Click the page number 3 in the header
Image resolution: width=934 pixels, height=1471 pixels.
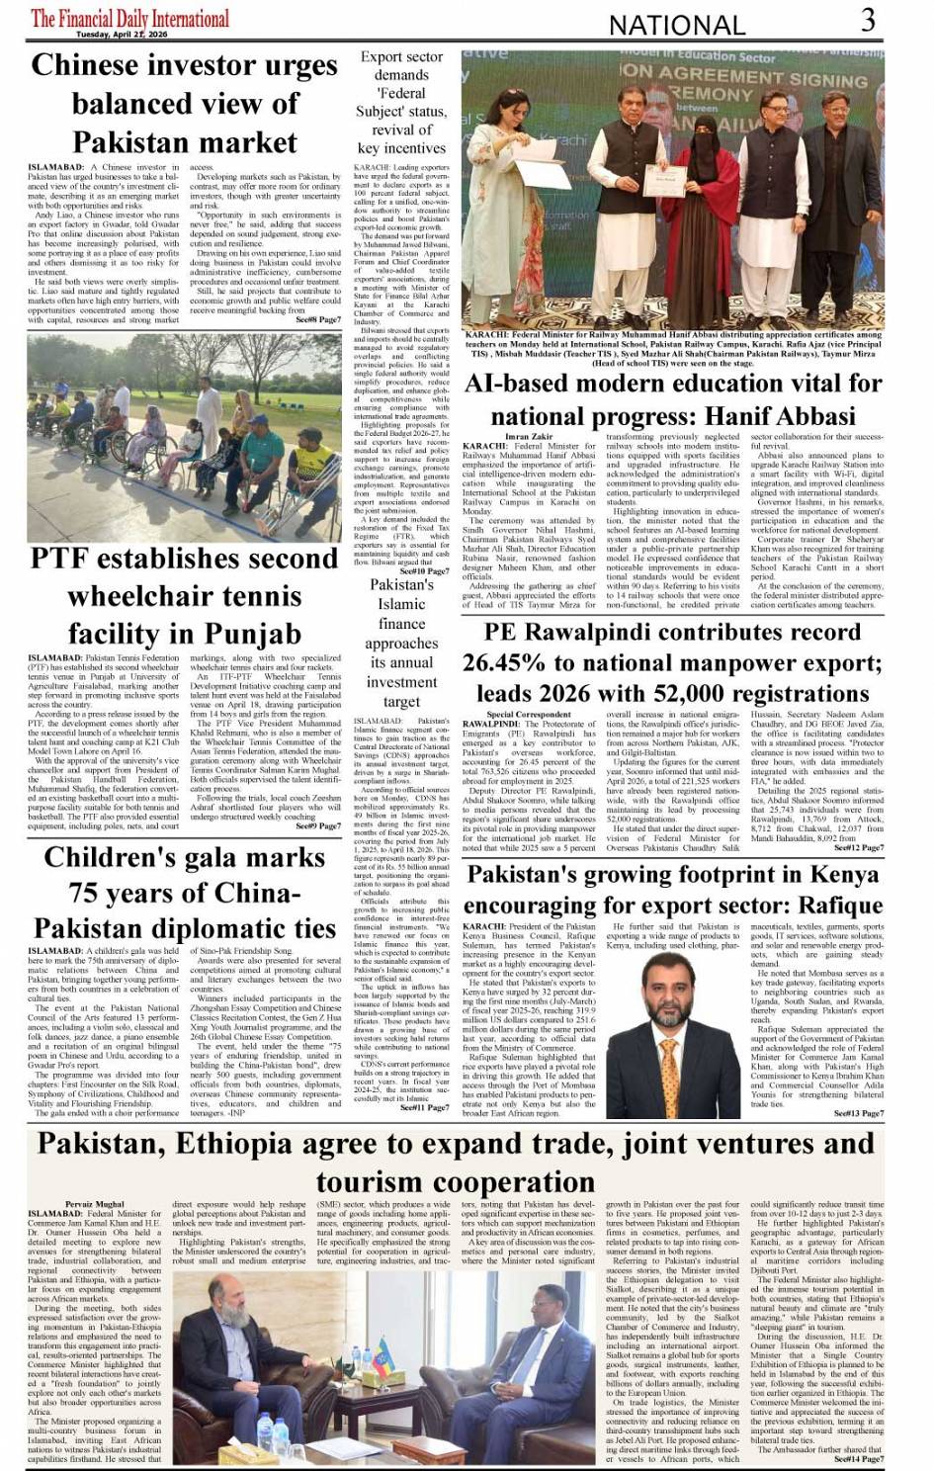(867, 20)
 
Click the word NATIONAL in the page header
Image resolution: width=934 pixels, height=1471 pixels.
(677, 25)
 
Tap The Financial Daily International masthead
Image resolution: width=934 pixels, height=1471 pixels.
(129, 18)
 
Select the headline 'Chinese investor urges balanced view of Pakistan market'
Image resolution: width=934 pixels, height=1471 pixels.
(184, 103)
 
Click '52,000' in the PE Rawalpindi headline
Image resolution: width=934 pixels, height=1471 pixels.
(674, 693)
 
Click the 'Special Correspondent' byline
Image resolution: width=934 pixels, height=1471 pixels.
(529, 714)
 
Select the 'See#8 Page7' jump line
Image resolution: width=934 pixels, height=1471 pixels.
(318, 319)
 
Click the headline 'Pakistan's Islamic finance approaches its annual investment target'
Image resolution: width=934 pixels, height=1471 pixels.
(401, 643)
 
